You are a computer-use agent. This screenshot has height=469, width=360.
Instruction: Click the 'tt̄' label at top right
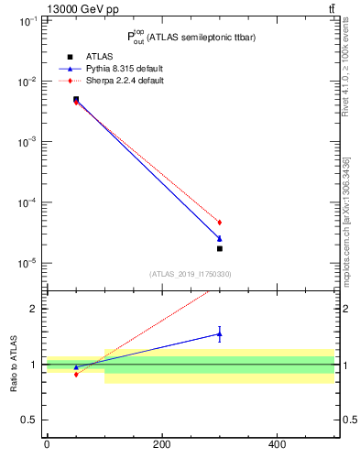click(332, 8)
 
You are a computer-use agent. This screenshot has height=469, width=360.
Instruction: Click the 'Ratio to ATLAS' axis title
click(15, 364)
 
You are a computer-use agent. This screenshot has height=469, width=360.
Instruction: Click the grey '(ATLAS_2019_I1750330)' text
click(191, 274)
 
